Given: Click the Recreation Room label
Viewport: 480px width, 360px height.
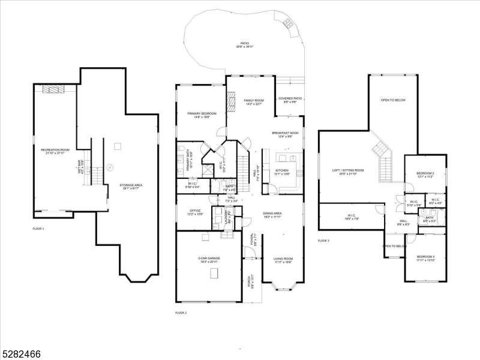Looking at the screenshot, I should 55,151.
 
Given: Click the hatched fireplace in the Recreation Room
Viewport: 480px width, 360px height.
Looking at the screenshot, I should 56,89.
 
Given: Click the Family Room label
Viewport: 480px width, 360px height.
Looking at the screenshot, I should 254,102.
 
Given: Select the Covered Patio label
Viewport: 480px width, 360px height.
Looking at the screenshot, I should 290,100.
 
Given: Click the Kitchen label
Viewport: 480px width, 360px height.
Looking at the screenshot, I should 282,172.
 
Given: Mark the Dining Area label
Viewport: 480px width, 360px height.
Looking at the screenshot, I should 272,215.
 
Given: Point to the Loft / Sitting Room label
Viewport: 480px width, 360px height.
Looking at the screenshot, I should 348,172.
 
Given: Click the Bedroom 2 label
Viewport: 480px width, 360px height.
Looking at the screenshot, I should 425,175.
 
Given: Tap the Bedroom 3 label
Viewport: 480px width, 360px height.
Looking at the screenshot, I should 425,259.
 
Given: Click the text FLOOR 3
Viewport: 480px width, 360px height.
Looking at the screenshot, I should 324,241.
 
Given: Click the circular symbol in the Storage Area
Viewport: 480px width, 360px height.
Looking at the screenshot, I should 110,167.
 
